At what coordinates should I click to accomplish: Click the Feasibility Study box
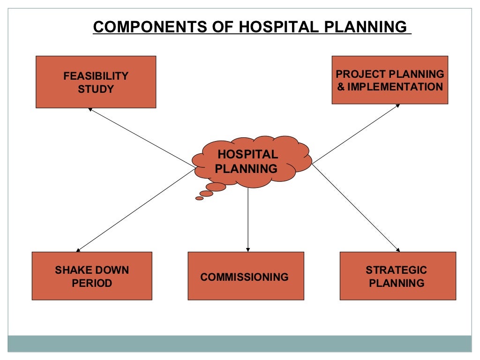[x=96, y=82]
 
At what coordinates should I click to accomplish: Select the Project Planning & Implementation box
[x=390, y=80]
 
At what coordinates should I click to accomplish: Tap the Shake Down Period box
[x=92, y=276]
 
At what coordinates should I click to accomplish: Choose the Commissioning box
[x=246, y=276]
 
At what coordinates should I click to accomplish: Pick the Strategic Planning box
[x=397, y=276]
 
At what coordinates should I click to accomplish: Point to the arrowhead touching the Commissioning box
[x=248, y=249]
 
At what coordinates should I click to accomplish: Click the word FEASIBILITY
[x=96, y=76]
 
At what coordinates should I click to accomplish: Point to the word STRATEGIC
[x=397, y=270]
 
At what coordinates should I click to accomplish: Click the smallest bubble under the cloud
[x=199, y=198]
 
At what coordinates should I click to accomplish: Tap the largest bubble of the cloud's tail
[x=216, y=187]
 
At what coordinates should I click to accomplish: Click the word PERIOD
[x=92, y=283]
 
